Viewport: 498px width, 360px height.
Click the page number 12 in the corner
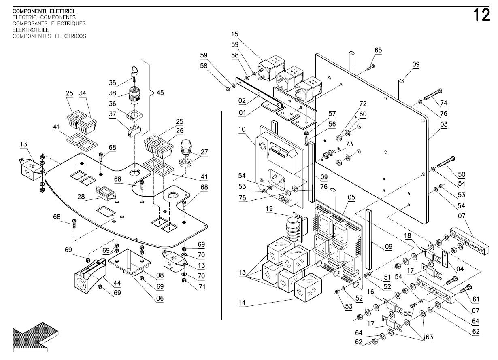(x=482, y=16)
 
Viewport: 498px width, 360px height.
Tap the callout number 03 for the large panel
(x=444, y=125)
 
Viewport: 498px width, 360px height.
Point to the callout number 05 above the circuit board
(x=351, y=197)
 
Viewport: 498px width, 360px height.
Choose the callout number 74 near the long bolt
(x=444, y=103)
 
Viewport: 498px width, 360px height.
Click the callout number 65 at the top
(x=378, y=50)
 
